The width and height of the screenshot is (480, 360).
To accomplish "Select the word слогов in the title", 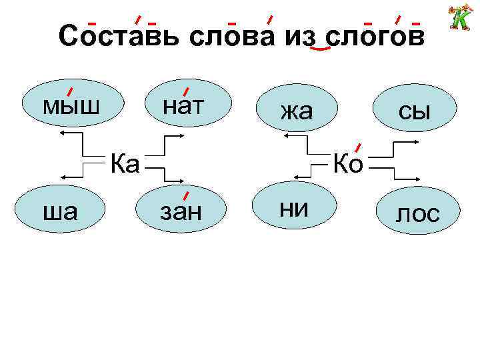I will (374, 37).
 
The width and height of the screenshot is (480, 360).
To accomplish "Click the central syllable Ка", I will (125, 162).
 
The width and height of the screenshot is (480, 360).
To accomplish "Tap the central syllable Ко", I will (347, 162).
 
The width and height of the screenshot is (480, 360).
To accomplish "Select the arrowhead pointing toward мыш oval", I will (62, 134).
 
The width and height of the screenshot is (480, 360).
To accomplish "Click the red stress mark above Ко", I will (358, 147).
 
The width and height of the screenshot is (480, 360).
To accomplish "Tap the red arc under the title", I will (321, 49).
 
